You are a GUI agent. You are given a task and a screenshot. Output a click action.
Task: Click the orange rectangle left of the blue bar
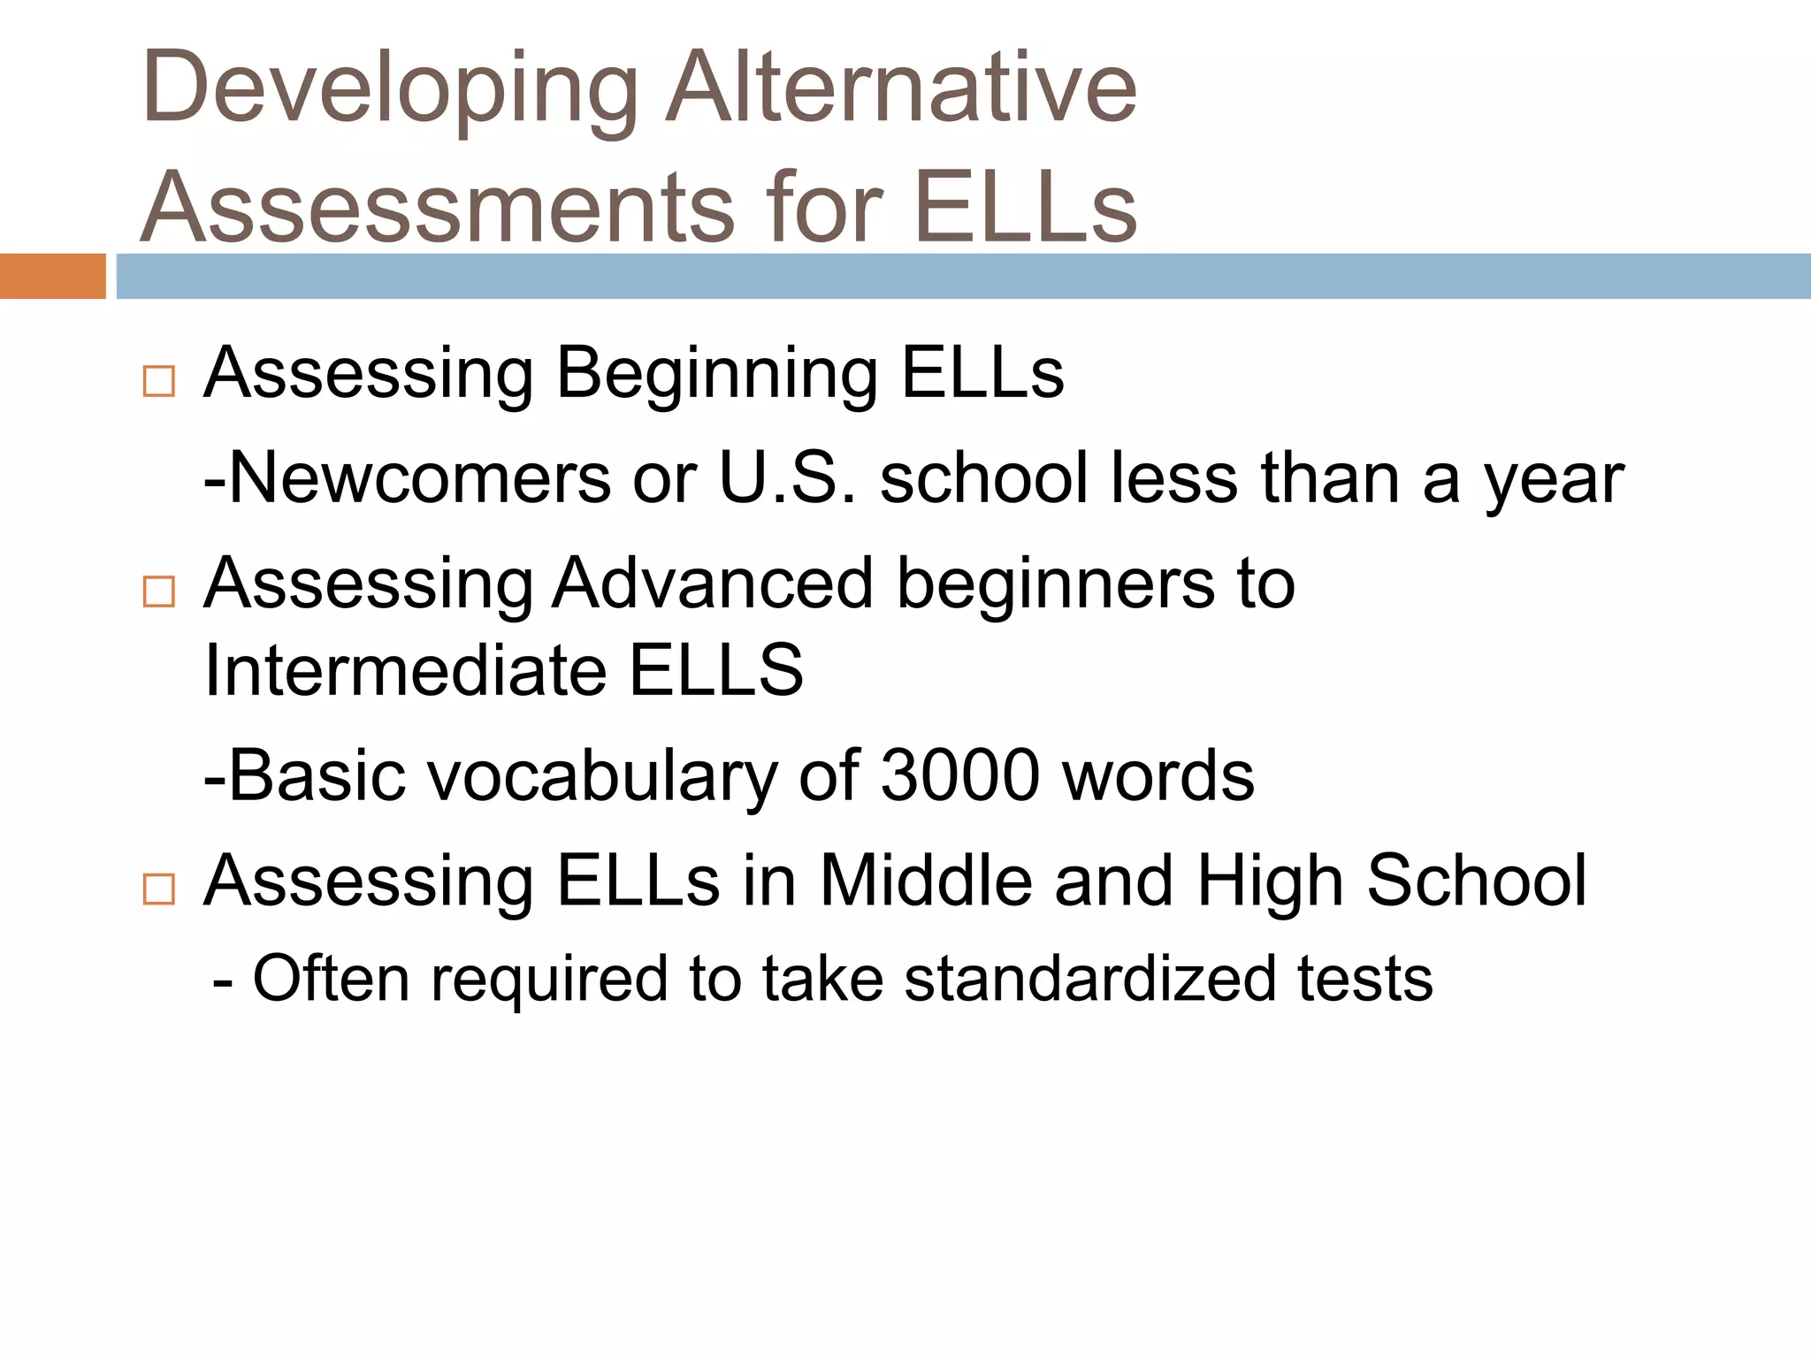52,276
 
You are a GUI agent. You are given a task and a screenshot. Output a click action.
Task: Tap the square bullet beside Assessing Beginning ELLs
158,382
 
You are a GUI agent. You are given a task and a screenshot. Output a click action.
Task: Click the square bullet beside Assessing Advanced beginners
158,591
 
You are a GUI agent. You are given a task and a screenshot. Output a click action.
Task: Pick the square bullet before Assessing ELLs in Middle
158,889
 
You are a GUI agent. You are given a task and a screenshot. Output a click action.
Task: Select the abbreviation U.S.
788,478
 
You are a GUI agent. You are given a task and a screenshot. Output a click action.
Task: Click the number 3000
960,775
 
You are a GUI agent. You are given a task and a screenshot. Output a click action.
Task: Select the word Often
332,979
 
